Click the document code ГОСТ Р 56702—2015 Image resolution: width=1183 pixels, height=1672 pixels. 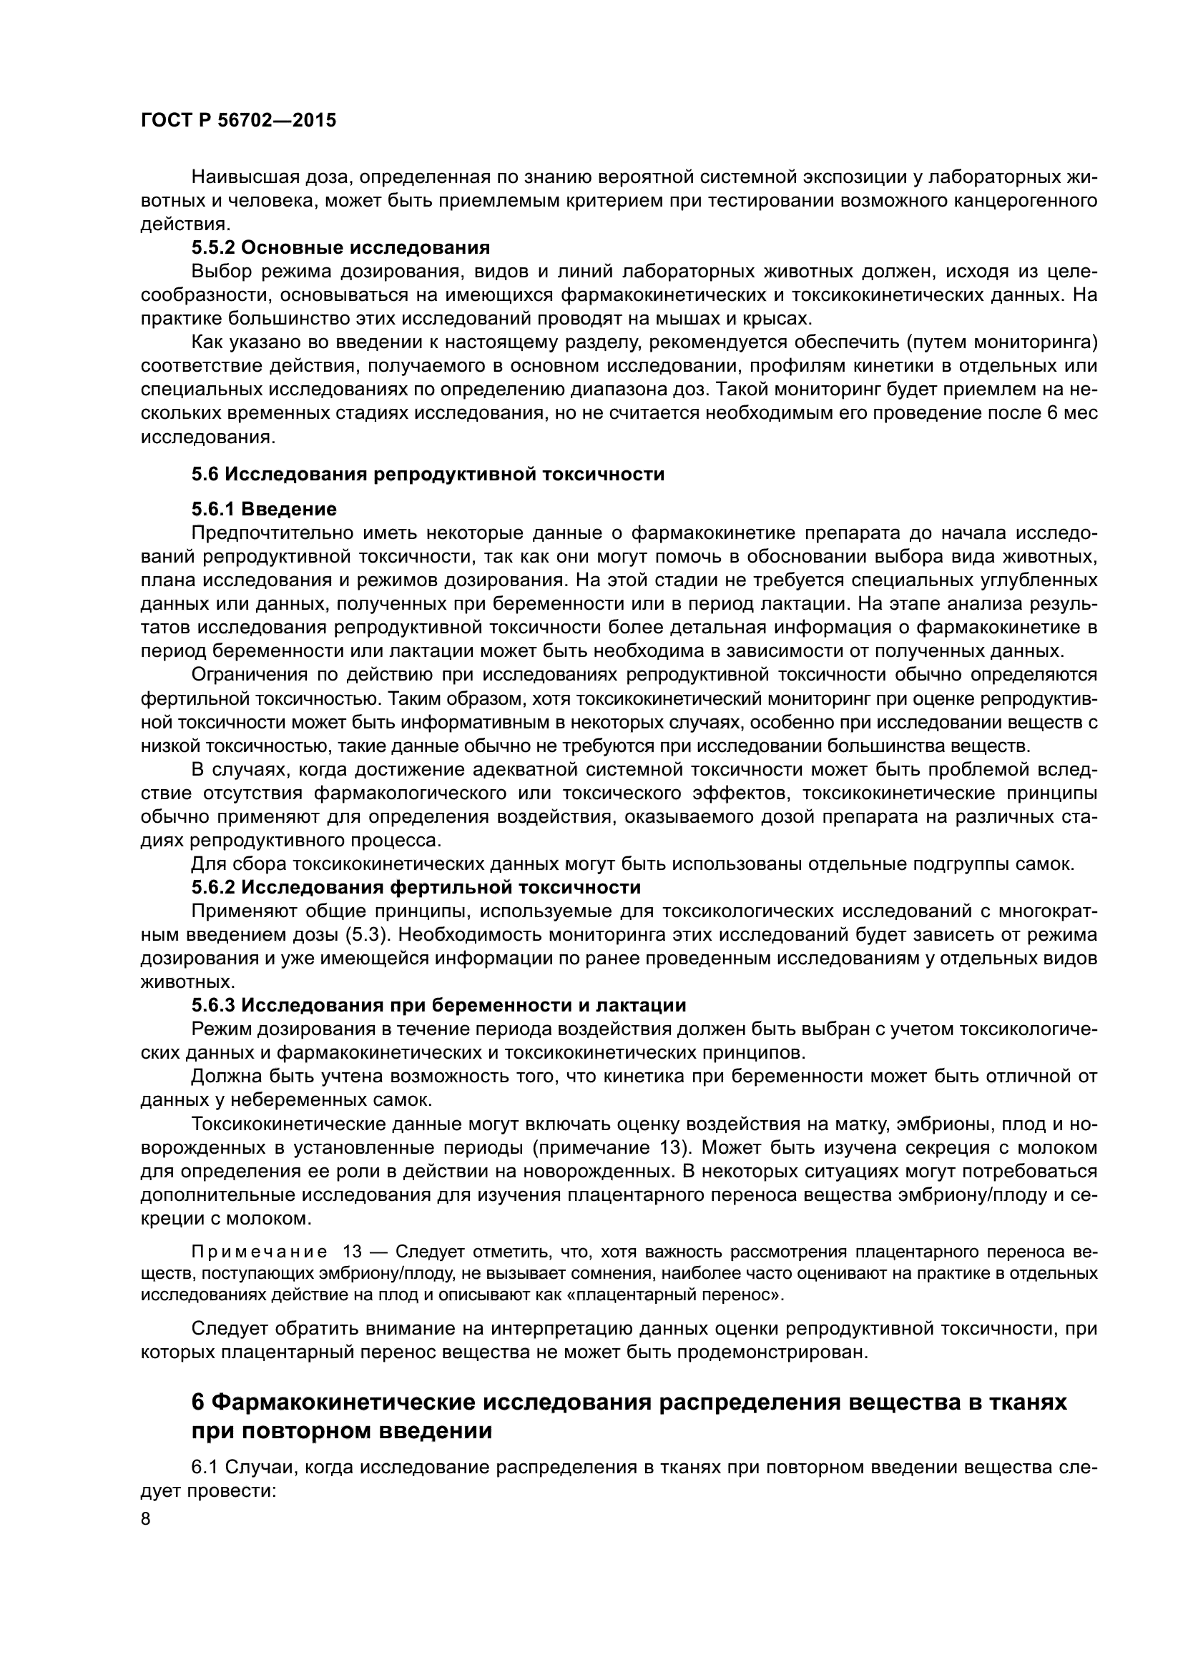(238, 121)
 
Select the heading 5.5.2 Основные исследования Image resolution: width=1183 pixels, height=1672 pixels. (341, 247)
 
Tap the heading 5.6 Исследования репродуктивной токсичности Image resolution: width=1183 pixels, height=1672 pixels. (428, 474)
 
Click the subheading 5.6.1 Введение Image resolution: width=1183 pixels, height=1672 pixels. (265, 508)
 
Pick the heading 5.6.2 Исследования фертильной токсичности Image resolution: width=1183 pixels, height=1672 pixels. (416, 887)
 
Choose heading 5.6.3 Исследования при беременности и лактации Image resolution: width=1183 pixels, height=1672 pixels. (438, 1005)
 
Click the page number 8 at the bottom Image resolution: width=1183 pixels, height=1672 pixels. (146, 1520)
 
